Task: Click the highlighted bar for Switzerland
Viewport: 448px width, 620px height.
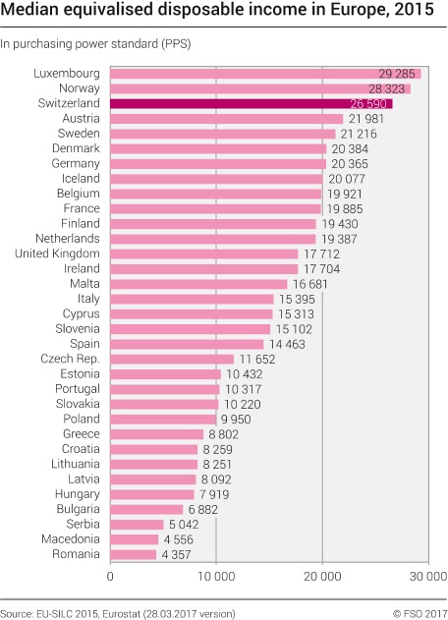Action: tap(251, 103)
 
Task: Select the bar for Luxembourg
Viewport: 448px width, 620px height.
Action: tap(265, 74)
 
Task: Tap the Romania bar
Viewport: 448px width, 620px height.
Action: tap(134, 555)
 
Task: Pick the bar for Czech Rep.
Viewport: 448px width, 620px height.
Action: tap(172, 359)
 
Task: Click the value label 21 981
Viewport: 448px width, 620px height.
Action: tap(365, 119)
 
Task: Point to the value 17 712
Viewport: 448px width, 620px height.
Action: tap(322, 254)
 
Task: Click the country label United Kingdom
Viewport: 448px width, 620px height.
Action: tap(57, 254)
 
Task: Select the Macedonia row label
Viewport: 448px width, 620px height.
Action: tap(70, 539)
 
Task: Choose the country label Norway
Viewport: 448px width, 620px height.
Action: tap(78, 88)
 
